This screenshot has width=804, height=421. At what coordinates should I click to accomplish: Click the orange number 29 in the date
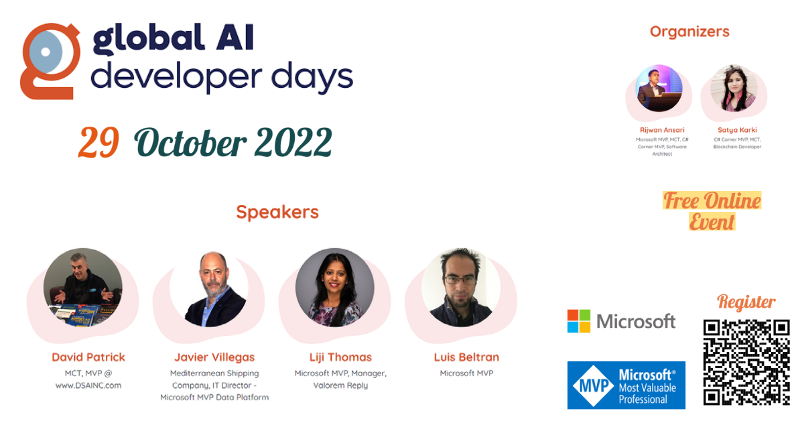pyautogui.click(x=98, y=143)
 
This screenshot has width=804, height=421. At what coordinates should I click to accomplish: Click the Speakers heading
pyautogui.click(x=277, y=213)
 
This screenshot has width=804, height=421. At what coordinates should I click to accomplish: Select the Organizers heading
pyautogui.click(x=689, y=32)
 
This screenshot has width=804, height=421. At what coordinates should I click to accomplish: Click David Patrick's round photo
pyautogui.click(x=83, y=288)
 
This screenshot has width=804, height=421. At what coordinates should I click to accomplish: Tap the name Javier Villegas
pyautogui.click(x=214, y=357)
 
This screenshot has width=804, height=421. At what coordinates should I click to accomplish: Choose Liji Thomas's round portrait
pyautogui.click(x=334, y=288)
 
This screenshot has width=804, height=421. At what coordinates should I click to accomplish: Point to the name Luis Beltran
pyautogui.click(x=466, y=357)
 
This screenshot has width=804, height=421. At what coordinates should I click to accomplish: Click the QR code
pyautogui.click(x=746, y=362)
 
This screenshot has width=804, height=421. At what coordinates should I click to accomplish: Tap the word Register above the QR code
pyautogui.click(x=746, y=302)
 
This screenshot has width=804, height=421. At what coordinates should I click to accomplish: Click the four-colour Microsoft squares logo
pyautogui.click(x=579, y=321)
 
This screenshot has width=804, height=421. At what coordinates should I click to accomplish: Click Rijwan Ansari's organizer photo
pyautogui.click(x=660, y=88)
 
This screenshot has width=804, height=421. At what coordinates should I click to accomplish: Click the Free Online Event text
pyautogui.click(x=712, y=210)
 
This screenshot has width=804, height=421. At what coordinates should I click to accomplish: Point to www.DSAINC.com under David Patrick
pyautogui.click(x=88, y=385)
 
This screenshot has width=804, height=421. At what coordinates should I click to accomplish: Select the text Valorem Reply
pyautogui.click(x=340, y=385)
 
